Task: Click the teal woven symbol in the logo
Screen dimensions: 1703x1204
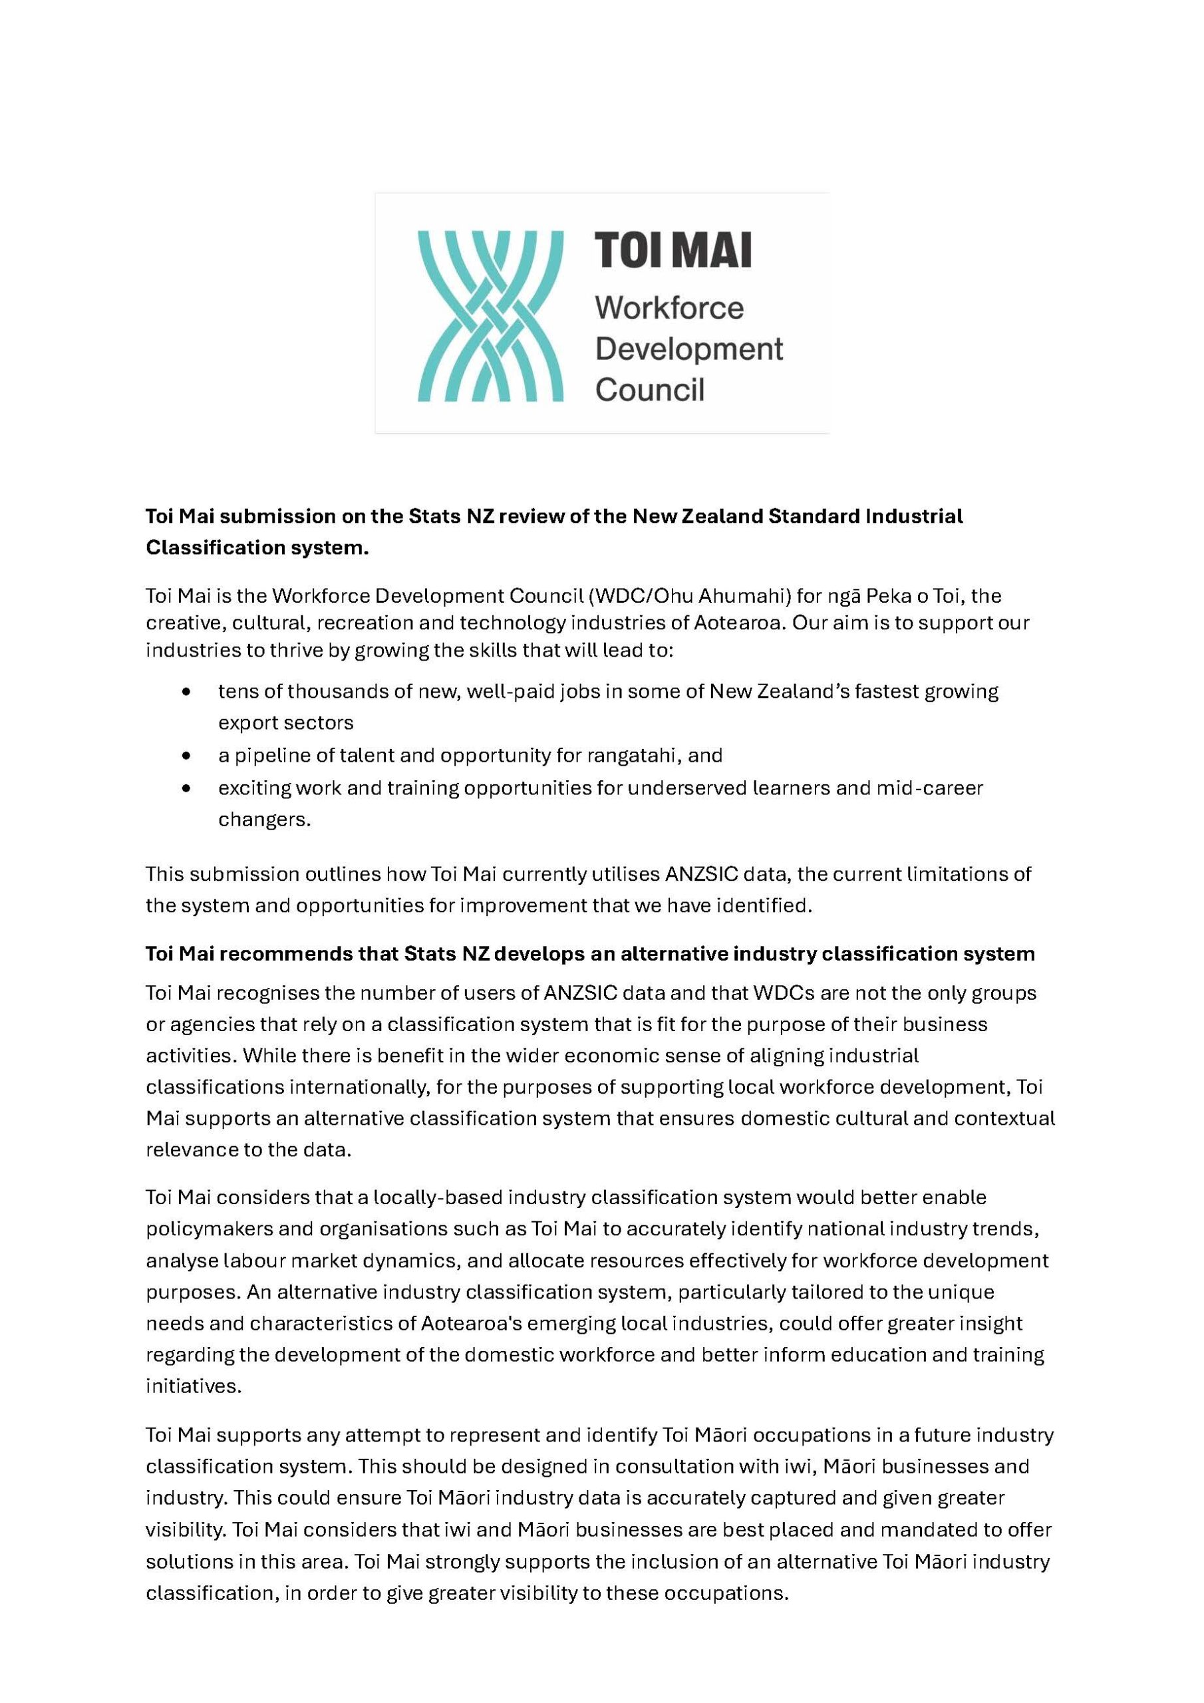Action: click(x=490, y=316)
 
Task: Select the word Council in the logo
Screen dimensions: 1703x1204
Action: click(x=649, y=390)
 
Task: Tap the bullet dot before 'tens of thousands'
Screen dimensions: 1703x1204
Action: click(x=186, y=692)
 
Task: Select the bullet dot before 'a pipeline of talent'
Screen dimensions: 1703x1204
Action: click(x=186, y=756)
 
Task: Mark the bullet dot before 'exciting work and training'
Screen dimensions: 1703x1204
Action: click(x=186, y=788)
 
